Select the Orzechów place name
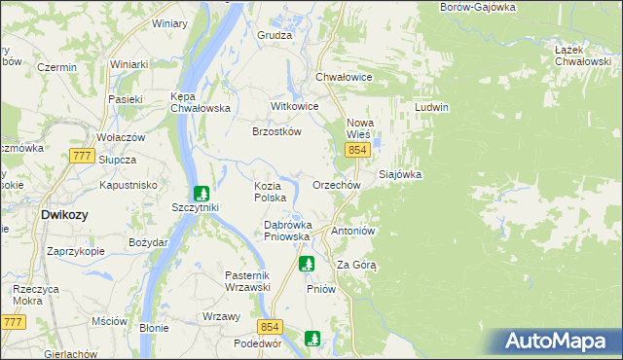(337, 185)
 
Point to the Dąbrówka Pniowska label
(287, 230)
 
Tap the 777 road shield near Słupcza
(82, 157)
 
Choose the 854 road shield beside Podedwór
(271, 328)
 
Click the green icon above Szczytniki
(201, 193)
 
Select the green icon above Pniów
(307, 263)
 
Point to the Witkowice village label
(294, 106)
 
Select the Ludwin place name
(431, 107)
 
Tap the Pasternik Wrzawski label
(246, 281)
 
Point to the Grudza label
(275, 35)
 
